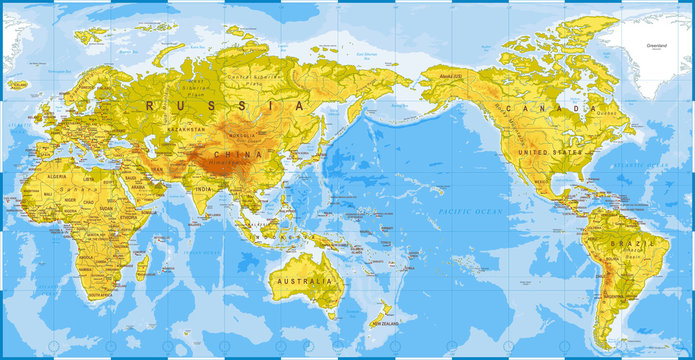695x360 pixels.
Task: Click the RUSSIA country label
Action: pos(226,103)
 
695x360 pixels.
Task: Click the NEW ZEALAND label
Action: pos(388,323)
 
